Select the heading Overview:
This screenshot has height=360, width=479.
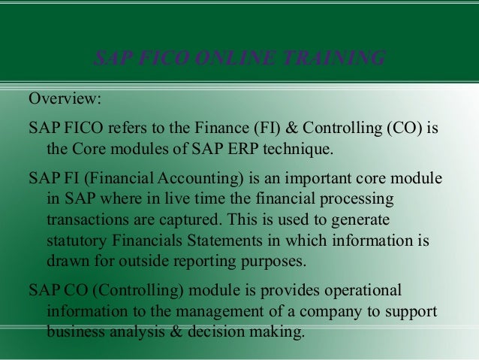click(64, 98)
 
